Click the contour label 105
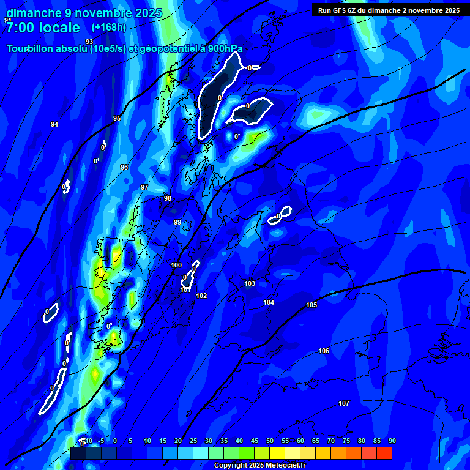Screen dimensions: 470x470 pyautogui.click(x=311, y=305)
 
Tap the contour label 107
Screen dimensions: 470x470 pyautogui.click(x=344, y=403)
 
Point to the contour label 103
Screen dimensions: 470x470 pyautogui.click(x=250, y=283)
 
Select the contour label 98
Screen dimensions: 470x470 pyautogui.click(x=168, y=198)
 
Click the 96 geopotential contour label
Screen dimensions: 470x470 pyautogui.click(x=124, y=167)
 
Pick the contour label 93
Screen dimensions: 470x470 pyautogui.click(x=89, y=42)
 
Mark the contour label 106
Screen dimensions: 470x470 pyautogui.click(x=324, y=351)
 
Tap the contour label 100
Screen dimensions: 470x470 pyautogui.click(x=176, y=265)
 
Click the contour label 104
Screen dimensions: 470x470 pyautogui.click(x=269, y=302)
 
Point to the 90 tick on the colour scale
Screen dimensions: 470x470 pyautogui.click(x=392, y=441)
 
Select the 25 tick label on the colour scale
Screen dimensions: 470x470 pyautogui.click(x=193, y=441)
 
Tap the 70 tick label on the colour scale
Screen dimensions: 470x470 pyautogui.click(x=331, y=441)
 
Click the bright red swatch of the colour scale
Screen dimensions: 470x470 pyautogui.click(x=384, y=453)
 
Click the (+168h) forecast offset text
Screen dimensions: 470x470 pyautogui.click(x=109, y=27)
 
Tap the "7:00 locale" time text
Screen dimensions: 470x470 pyautogui.click(x=43, y=28)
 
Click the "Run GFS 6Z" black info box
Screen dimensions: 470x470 pyautogui.click(x=389, y=10)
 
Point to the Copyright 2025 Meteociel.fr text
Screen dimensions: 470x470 pyautogui.click(x=259, y=465)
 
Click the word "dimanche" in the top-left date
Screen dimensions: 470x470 pyautogui.click(x=31, y=13)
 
